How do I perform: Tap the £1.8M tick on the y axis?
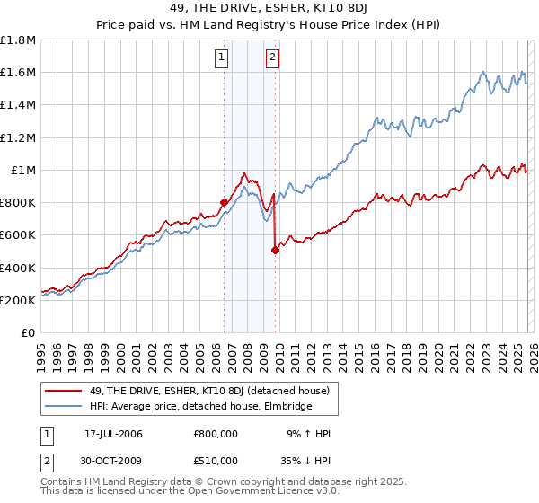click(x=18, y=40)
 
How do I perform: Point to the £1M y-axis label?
click(x=23, y=171)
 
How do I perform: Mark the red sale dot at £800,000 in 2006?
click(x=224, y=202)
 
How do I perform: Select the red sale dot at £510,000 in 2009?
click(x=276, y=250)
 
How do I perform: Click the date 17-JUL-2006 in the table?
click(x=114, y=434)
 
